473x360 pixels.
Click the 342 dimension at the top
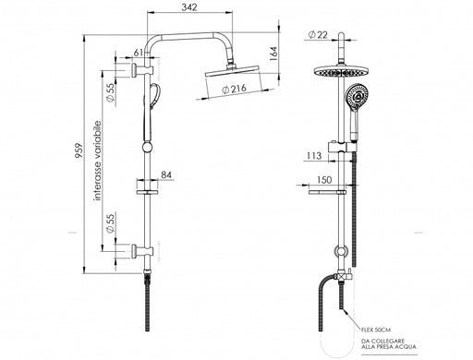coord(189,7)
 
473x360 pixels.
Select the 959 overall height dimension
coord(79,150)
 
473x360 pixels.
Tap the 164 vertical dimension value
coord(273,54)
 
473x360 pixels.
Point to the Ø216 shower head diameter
coord(235,90)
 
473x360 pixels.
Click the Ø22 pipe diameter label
coord(318,35)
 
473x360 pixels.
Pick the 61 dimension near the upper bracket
coord(139,53)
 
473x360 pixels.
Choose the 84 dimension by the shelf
coord(166,174)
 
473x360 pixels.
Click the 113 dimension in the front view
coord(314,156)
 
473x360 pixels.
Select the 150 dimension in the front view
coord(324,180)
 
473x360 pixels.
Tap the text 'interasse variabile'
coord(98,161)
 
